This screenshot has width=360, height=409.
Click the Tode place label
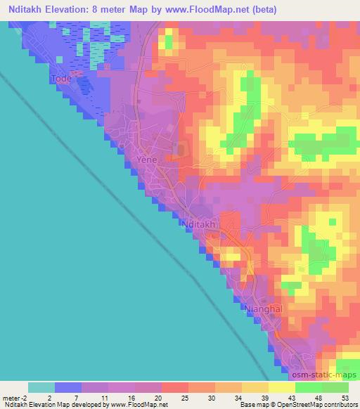tap(62, 79)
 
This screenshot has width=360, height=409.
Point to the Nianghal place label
tap(263, 309)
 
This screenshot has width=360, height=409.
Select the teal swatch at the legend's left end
tap(41, 387)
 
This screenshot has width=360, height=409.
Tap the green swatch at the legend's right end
tap(335, 387)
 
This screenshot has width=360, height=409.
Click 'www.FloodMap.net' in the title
tap(211, 10)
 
